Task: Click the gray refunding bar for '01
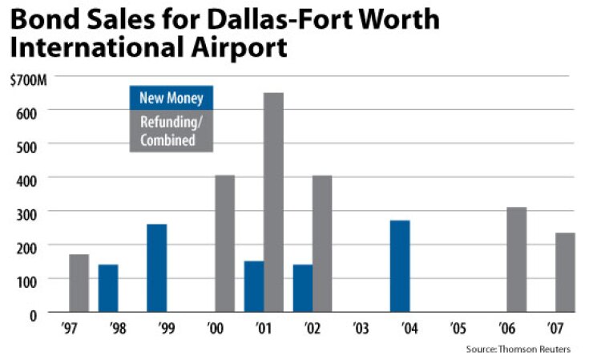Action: [273, 202]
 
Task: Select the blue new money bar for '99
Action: [157, 268]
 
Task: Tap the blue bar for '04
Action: [400, 265]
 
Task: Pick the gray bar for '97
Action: [79, 283]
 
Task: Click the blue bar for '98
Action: [108, 288]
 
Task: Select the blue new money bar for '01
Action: [254, 286]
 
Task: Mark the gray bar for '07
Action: [566, 272]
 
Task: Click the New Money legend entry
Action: [171, 99]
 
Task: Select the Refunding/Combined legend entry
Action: [171, 131]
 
